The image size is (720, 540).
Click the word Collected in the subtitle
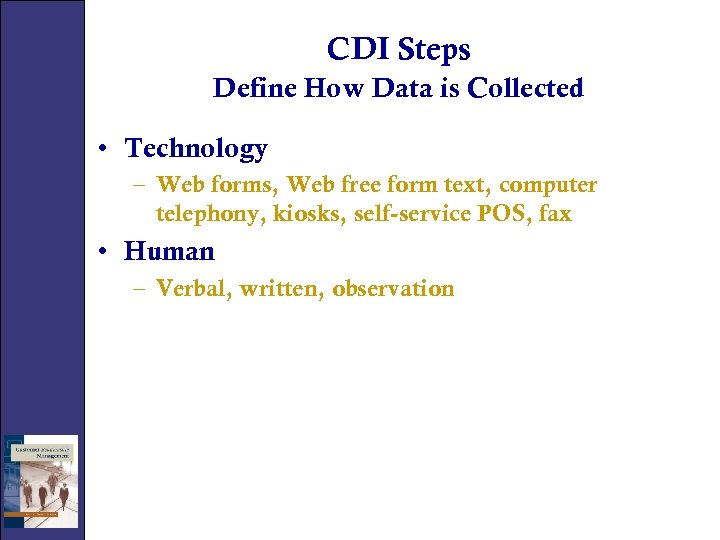(526, 88)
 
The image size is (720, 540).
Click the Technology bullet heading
(196, 149)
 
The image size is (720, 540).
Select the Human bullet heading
(169, 251)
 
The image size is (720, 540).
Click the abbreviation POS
(509, 213)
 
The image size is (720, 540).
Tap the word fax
(555, 213)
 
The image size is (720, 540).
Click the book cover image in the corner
(40, 481)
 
